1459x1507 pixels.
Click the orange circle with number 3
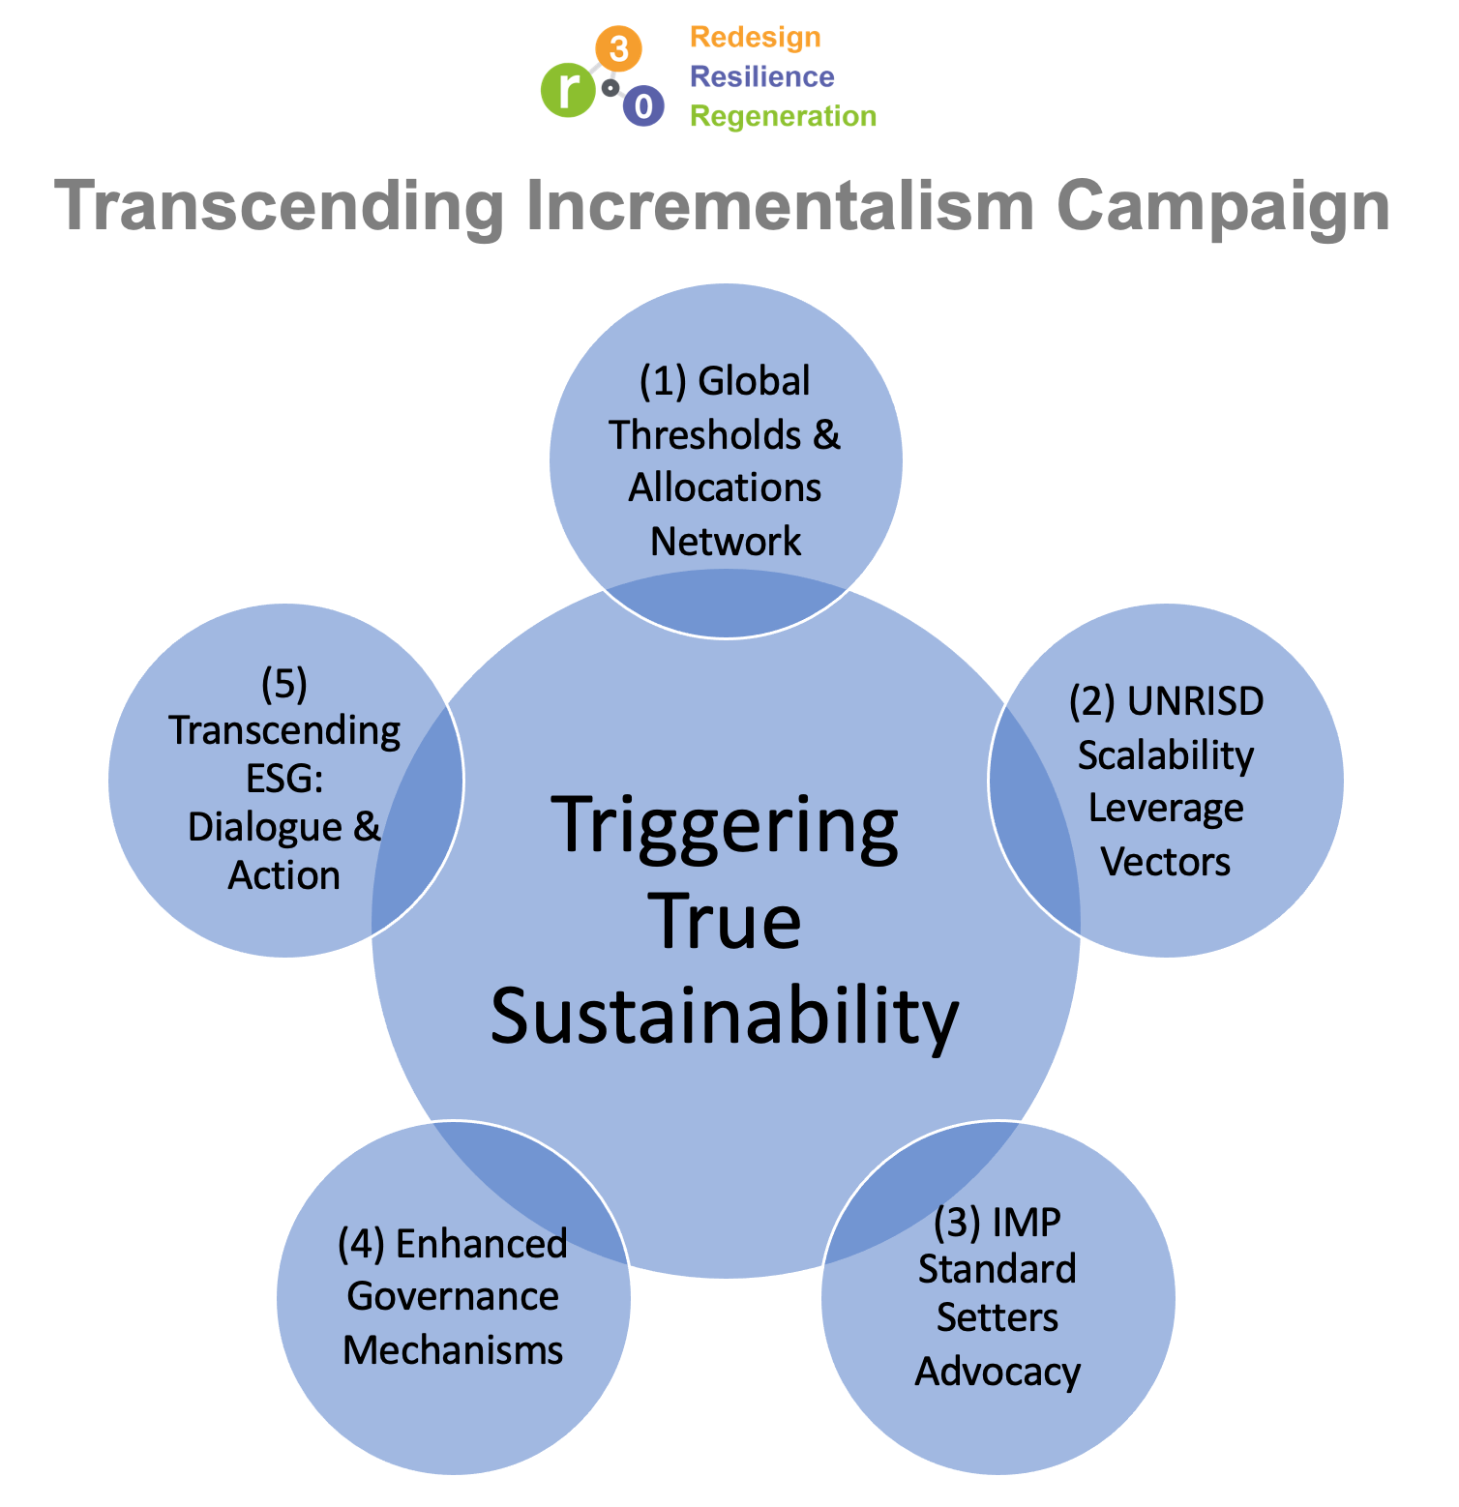point(618,47)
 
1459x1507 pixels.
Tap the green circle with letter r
point(567,91)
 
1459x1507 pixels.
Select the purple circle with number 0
point(643,105)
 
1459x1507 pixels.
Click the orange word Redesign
point(756,38)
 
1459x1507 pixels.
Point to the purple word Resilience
point(762,76)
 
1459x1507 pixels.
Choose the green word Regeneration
point(783,116)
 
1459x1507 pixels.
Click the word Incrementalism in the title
point(780,206)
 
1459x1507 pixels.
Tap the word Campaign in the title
point(1223,206)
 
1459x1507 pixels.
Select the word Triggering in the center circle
point(726,828)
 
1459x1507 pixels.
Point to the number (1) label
point(663,381)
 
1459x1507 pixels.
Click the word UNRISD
point(1196,701)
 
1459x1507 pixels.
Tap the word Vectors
point(1166,861)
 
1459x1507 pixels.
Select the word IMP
point(1027,1223)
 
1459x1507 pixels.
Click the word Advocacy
point(997,1372)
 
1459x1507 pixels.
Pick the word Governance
point(453,1296)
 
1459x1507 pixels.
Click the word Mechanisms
point(453,1350)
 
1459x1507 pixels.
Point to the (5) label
point(284,684)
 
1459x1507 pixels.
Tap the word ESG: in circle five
point(284,779)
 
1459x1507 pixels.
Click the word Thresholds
point(705,435)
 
